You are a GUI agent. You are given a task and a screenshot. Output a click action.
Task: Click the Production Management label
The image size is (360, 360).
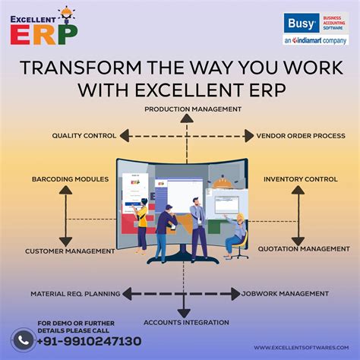click(193, 109)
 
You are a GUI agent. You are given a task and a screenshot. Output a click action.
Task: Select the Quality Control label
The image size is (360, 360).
click(84, 135)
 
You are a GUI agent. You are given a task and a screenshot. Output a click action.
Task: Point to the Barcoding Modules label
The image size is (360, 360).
click(70, 179)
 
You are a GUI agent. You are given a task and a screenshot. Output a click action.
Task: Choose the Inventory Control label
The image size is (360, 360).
click(301, 179)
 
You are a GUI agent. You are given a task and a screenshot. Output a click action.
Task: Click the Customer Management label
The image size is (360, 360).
click(70, 251)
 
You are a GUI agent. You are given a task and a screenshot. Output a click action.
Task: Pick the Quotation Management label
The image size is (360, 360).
click(304, 248)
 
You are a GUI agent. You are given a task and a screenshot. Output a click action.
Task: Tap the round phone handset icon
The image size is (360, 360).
click(23, 339)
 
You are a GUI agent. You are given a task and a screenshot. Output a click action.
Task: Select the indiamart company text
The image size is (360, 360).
click(315, 40)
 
